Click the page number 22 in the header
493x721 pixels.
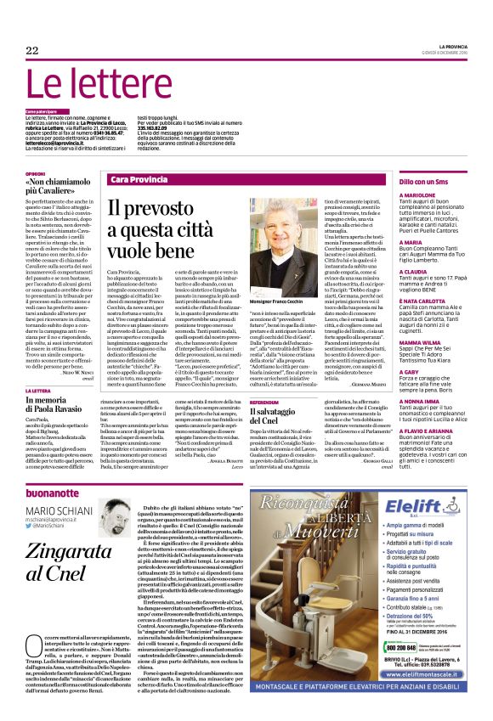(32, 51)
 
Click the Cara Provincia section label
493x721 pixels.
(139, 181)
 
